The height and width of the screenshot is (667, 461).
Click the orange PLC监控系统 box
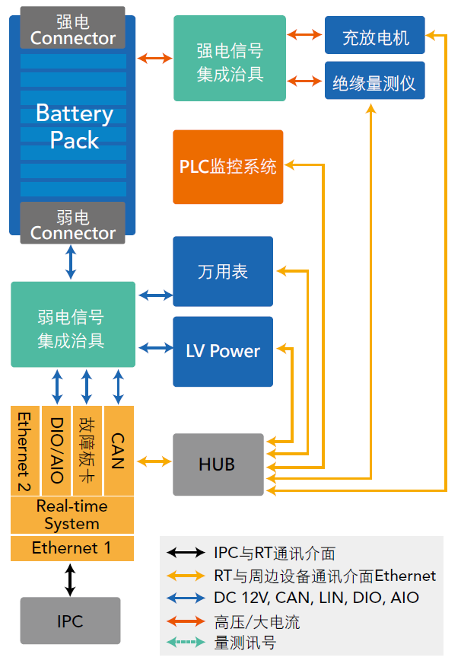(x=227, y=167)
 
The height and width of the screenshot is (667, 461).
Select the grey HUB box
(x=218, y=464)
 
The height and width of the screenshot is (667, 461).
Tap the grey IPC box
(x=70, y=621)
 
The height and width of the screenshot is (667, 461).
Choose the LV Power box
(x=222, y=351)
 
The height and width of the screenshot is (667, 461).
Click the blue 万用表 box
(x=222, y=272)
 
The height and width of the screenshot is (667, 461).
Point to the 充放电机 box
(x=374, y=36)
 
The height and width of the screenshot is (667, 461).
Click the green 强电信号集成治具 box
(x=229, y=59)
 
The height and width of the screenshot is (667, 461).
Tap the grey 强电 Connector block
(x=73, y=28)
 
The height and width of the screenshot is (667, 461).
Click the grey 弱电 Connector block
(x=73, y=223)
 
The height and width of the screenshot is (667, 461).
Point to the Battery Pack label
(x=74, y=127)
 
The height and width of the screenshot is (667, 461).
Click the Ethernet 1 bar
(x=72, y=548)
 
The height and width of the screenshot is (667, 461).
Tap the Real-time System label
(x=72, y=515)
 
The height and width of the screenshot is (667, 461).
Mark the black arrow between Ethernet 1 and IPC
(x=70, y=579)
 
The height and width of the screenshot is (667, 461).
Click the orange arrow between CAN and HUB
(x=153, y=461)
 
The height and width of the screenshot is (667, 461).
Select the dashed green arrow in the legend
(x=186, y=643)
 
